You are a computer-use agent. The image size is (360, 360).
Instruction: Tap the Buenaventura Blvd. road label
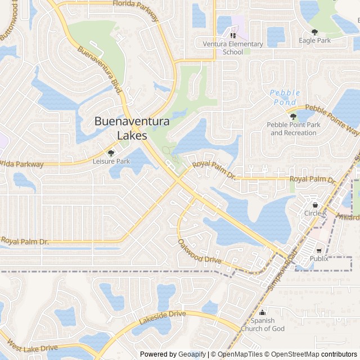point(100,69)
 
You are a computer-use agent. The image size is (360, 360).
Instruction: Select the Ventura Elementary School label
point(233,48)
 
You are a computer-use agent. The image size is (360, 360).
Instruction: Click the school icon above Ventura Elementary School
point(233,35)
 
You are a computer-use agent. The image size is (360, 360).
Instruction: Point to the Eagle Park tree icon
point(314,32)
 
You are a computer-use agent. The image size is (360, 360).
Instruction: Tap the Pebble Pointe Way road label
point(332,119)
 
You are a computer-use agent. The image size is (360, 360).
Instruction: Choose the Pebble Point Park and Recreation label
point(293,129)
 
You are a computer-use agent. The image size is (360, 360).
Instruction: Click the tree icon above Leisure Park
point(111,152)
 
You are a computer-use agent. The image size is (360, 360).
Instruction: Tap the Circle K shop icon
point(315,205)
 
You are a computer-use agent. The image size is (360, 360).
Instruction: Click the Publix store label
point(319,259)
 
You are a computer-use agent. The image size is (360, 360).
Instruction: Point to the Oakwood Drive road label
point(200,252)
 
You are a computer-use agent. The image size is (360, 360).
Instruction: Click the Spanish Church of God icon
point(263,312)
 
